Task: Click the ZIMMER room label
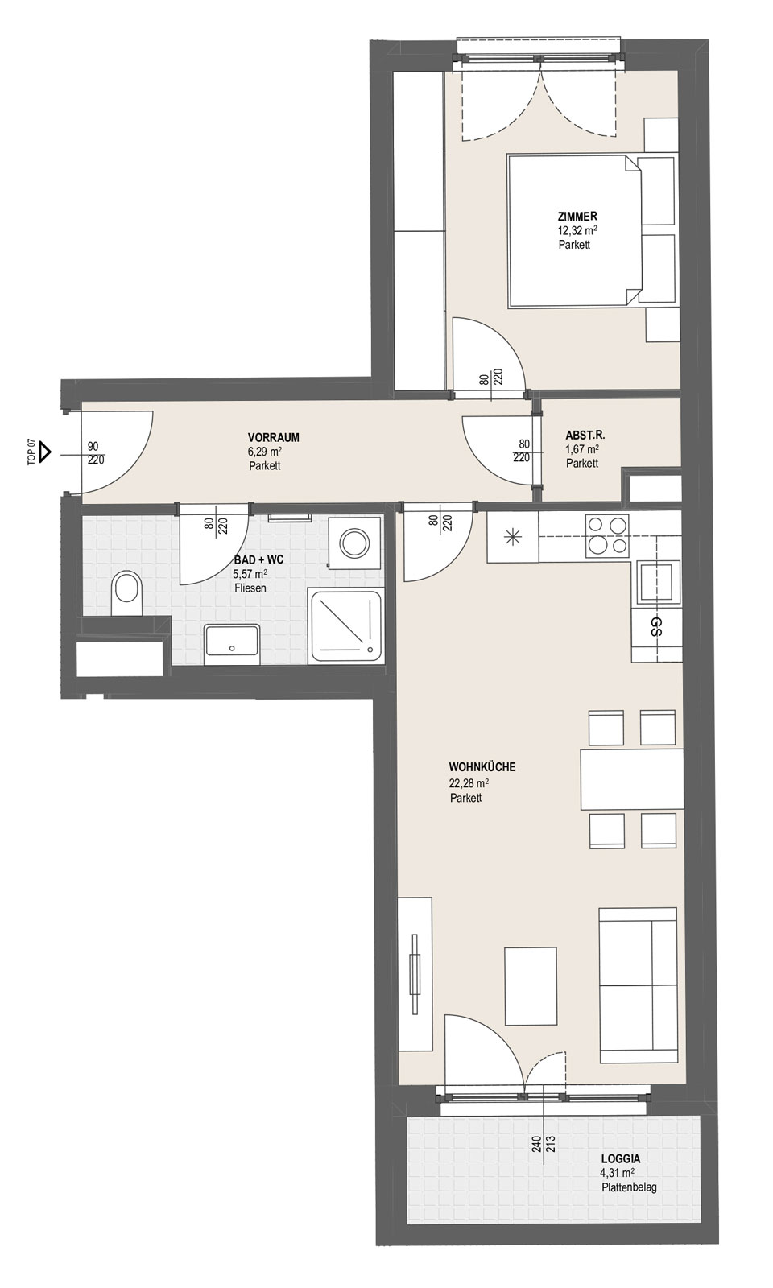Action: pyautogui.click(x=577, y=217)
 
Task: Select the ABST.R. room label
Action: pyautogui.click(x=585, y=436)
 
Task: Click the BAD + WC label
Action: pyautogui.click(x=258, y=560)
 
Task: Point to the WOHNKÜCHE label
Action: pyautogui.click(x=482, y=767)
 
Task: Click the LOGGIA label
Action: pyautogui.click(x=621, y=1160)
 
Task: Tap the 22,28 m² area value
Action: pyautogui.click(x=469, y=782)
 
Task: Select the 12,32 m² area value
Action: pyautogui.click(x=577, y=231)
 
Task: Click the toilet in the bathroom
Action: pyautogui.click(x=126, y=593)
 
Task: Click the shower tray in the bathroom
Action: pyautogui.click(x=345, y=625)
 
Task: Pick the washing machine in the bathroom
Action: pyautogui.click(x=354, y=543)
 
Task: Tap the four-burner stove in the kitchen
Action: pyautogui.click(x=607, y=535)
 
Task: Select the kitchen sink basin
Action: pyautogui.click(x=656, y=582)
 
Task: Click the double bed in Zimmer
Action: pyautogui.click(x=574, y=230)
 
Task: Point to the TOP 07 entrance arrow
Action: pyautogui.click(x=44, y=452)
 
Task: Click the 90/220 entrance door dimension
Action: pyautogui.click(x=96, y=453)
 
